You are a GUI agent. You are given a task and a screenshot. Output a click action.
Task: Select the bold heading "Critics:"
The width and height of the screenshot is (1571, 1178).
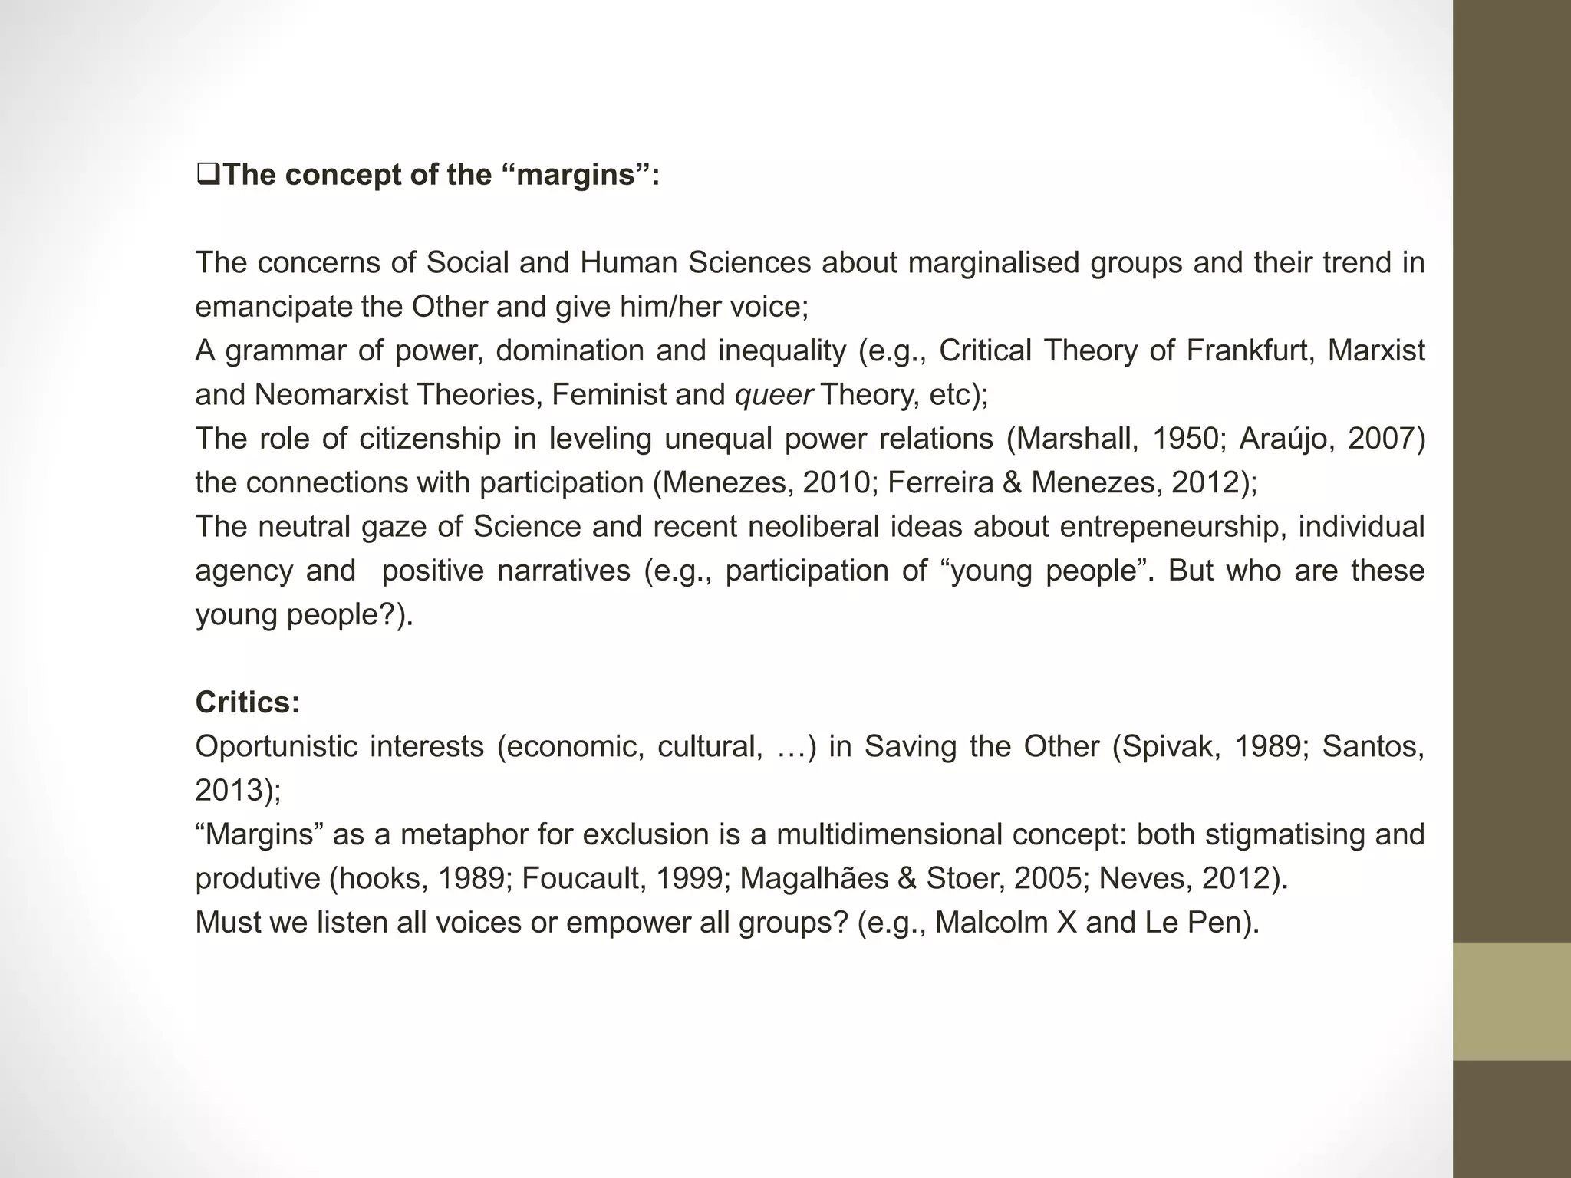click(x=247, y=703)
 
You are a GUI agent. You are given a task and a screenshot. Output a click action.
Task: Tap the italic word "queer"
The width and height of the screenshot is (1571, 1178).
click(x=774, y=395)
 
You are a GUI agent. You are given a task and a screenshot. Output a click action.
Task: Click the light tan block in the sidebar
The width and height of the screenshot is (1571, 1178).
click(x=1511, y=1001)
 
